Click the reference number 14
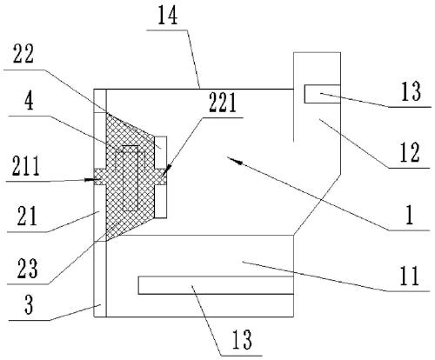click(x=167, y=15)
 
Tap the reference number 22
click(x=23, y=54)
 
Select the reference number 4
click(x=29, y=101)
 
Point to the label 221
click(x=222, y=103)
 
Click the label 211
click(x=25, y=166)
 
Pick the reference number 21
click(x=27, y=217)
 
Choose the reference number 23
click(x=27, y=269)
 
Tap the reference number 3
click(x=29, y=304)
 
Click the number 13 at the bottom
click(x=241, y=339)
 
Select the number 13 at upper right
click(x=411, y=91)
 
